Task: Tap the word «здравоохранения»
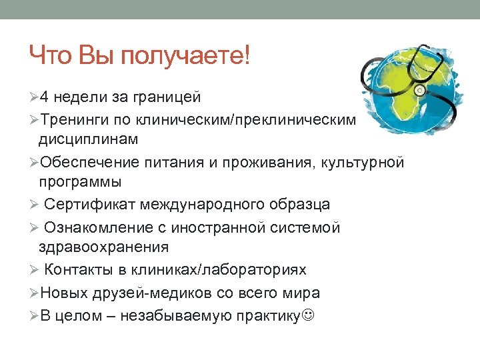pyautogui.click(x=103, y=247)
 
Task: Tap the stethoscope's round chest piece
pyautogui.click(x=420, y=87)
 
